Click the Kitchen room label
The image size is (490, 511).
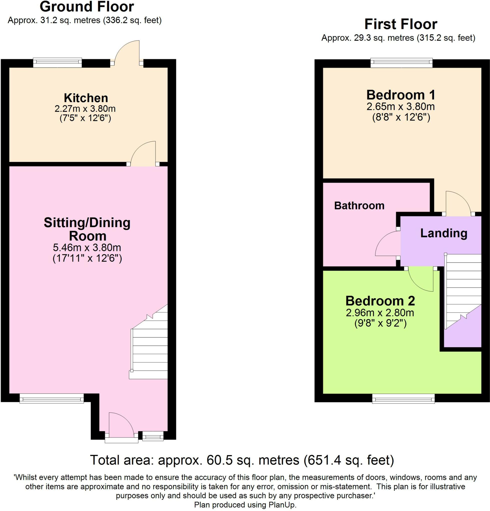point(86,98)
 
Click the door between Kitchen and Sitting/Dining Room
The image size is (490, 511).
point(143,154)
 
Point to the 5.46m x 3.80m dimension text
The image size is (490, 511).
point(87,247)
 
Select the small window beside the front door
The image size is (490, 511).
point(153,436)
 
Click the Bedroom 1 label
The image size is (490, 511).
point(401,95)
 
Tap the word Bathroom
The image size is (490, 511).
point(359,206)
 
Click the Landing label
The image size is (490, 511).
point(444,233)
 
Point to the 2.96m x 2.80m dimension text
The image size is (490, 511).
point(380,312)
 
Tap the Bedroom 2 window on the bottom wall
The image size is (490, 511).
point(403,399)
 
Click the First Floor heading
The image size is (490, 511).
point(401,24)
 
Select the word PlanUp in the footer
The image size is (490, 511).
point(282,505)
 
